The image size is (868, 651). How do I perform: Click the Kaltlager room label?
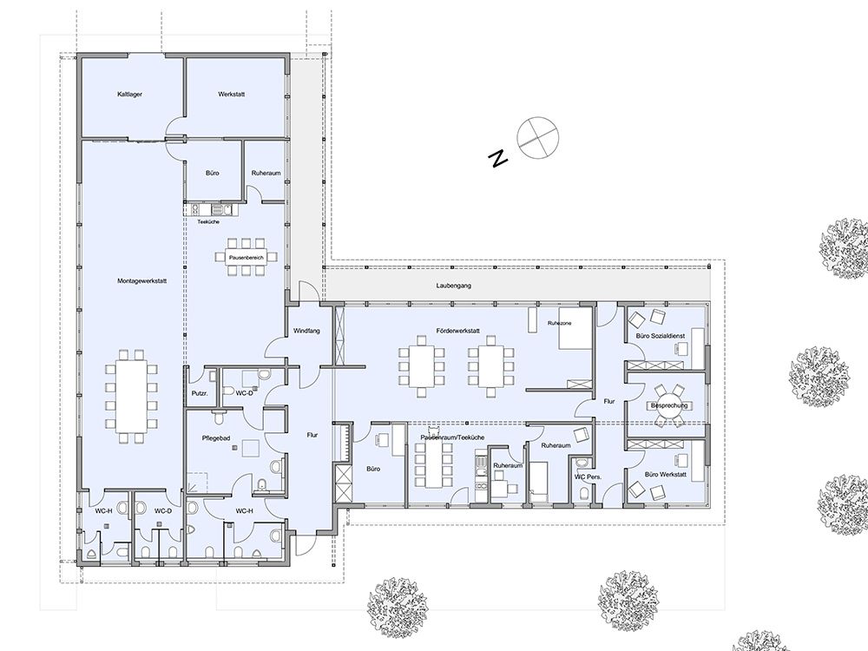coord(129,94)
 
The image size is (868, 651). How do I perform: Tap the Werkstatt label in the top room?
coord(232,94)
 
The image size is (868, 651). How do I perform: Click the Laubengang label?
coord(453,286)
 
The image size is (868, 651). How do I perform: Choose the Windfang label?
coord(306,331)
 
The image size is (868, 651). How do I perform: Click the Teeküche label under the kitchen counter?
coord(208,221)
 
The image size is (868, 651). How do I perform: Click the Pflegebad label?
coord(216,437)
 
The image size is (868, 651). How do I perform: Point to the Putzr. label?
coord(200,393)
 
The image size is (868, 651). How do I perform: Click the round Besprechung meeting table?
coord(668,405)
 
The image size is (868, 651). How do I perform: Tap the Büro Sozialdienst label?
coord(660,336)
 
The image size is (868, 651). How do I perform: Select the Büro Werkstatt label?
coord(666,475)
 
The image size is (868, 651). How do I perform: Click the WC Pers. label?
coord(588,477)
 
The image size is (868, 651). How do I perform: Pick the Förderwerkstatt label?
coord(457,331)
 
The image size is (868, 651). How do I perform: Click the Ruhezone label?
coord(560,323)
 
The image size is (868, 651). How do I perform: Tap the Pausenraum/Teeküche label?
coord(452,437)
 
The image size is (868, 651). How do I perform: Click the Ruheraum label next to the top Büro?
coord(266,174)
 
